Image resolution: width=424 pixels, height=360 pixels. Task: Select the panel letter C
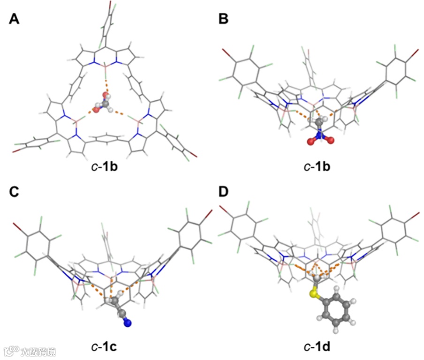coord(15,192)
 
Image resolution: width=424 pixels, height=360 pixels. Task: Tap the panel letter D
coord(224,192)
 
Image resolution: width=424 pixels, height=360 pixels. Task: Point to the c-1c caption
coord(104,347)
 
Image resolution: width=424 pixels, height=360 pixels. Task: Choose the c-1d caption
coord(319,347)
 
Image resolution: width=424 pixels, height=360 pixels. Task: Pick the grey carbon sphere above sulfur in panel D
coord(318,279)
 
